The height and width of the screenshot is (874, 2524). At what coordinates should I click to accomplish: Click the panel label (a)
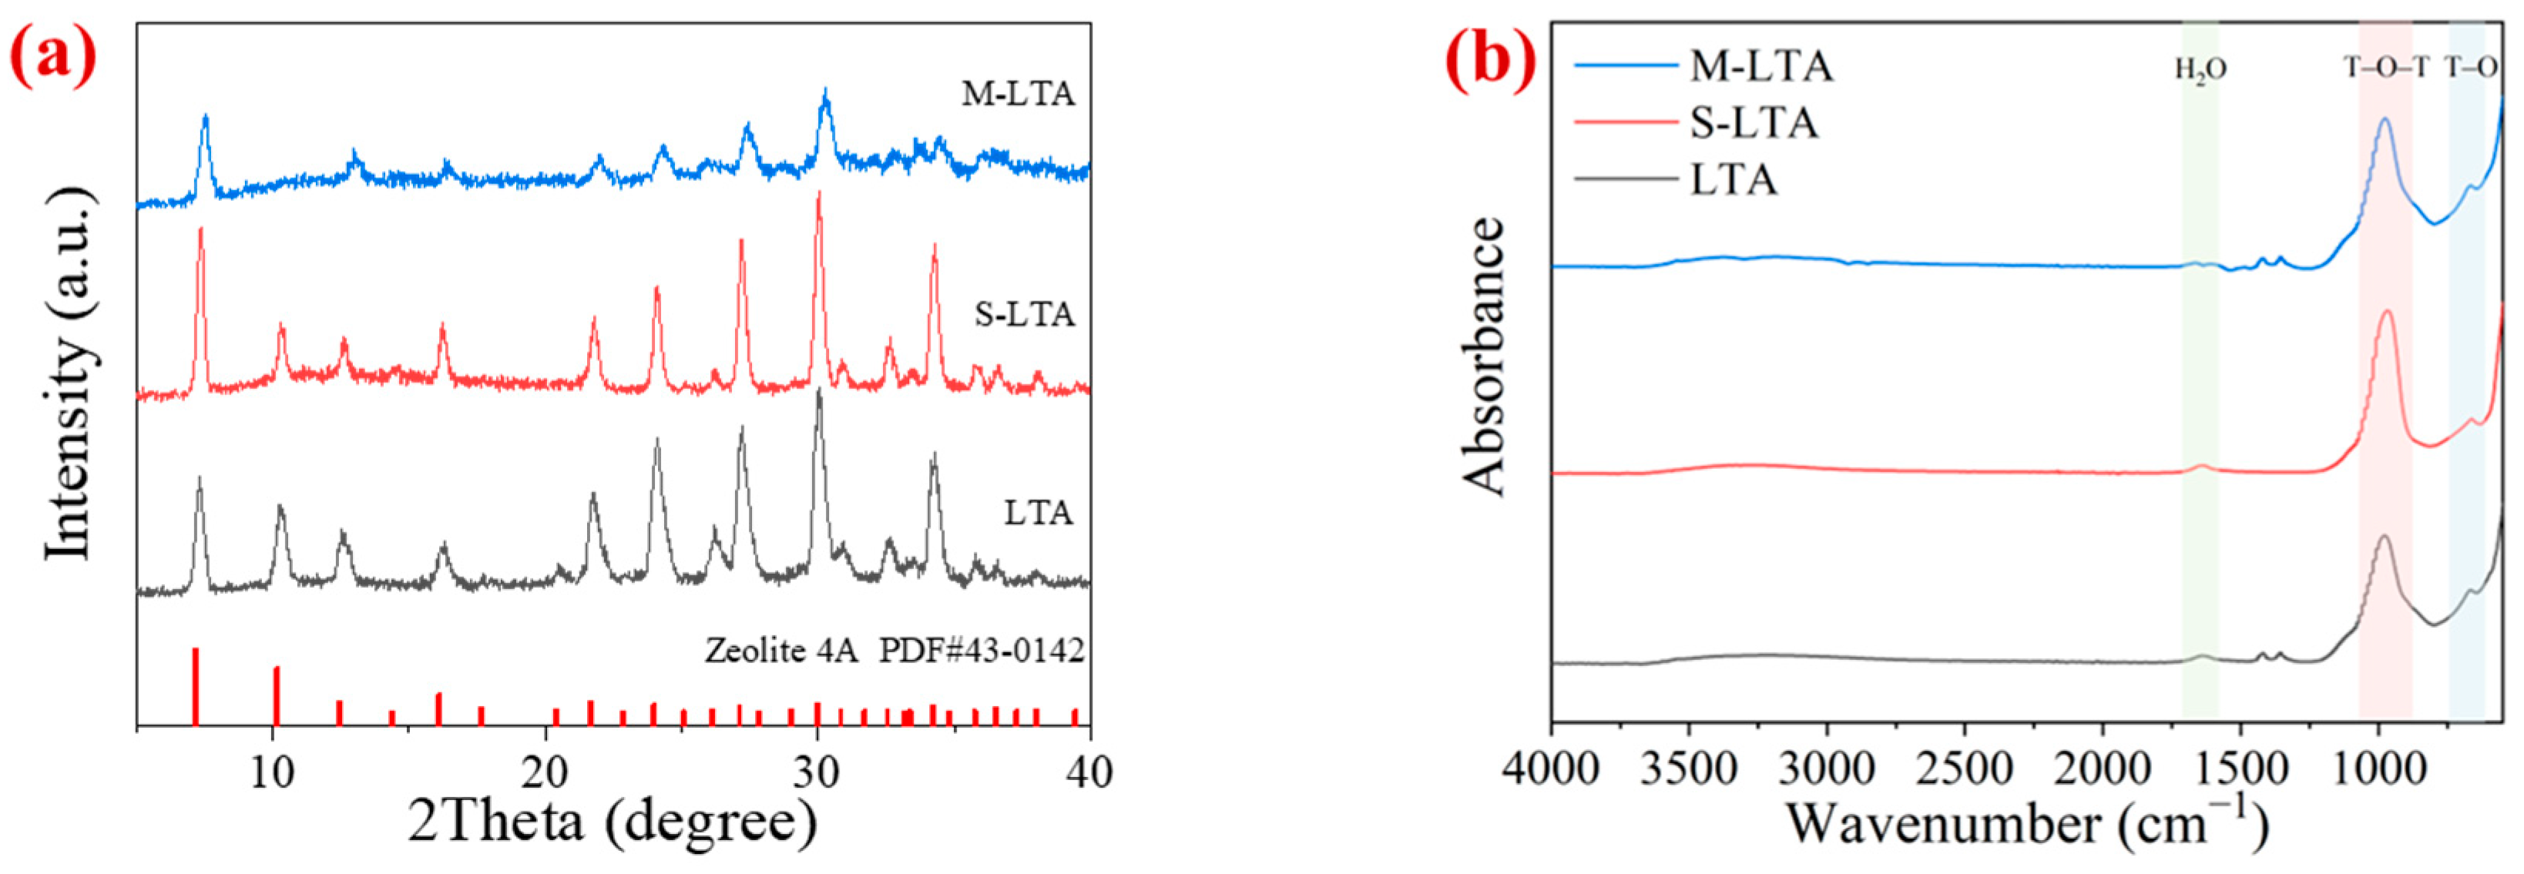tap(54, 57)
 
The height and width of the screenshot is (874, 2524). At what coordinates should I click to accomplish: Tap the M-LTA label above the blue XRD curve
tap(1018, 94)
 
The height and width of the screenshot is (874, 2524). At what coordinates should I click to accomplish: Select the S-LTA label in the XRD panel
tap(1024, 314)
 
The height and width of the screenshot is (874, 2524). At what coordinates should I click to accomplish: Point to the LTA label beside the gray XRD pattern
tap(1038, 512)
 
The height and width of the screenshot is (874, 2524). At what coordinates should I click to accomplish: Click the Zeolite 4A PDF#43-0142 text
tap(894, 651)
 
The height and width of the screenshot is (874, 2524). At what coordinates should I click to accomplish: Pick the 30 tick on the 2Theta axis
tap(816, 773)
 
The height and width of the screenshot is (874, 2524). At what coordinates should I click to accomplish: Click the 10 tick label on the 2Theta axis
tap(271, 773)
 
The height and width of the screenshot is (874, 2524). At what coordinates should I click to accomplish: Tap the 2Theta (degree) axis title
tap(613, 822)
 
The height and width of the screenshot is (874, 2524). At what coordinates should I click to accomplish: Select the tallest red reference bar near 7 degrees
tap(195, 686)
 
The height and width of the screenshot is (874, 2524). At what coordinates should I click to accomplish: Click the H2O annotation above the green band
tap(2200, 71)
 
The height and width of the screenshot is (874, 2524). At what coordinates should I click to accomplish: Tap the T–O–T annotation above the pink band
tap(2386, 68)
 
